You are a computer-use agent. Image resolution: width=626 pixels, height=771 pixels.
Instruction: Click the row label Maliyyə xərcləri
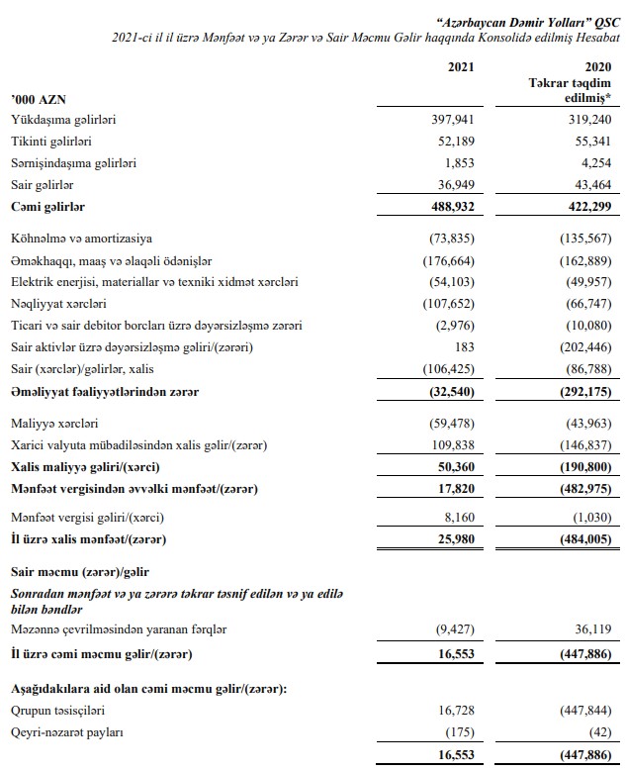[52, 423]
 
